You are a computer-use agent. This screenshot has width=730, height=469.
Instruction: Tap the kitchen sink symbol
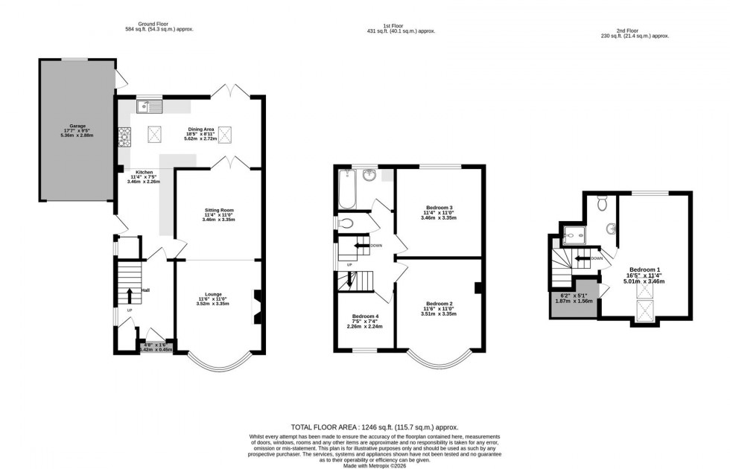[150, 109]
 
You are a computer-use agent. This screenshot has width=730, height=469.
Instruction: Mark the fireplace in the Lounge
[258, 306]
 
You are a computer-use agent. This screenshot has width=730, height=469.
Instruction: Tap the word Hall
[146, 290]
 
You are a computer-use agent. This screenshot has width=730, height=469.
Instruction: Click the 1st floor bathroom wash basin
[370, 176]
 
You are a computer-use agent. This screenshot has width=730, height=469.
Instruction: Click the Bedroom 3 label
[439, 207]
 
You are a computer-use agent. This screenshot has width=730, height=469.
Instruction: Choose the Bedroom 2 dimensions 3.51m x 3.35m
[439, 314]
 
